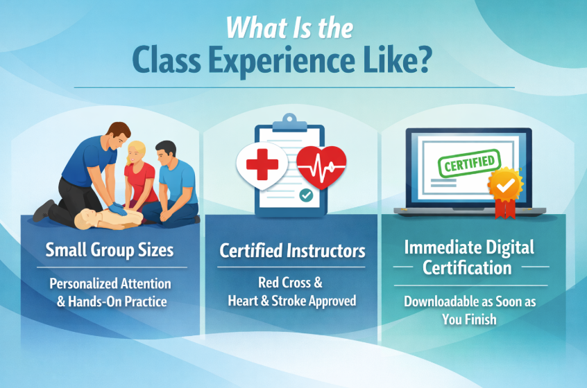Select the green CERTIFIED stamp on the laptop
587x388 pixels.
click(470, 164)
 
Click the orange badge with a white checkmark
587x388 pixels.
click(505, 185)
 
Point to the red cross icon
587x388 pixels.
click(262, 164)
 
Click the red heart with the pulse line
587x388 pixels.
click(321, 166)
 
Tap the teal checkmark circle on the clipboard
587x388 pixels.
click(306, 195)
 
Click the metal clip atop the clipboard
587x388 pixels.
click(289, 123)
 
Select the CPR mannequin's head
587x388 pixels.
click(86, 220)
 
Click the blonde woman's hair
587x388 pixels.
click(134, 150)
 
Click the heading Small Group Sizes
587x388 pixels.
click(110, 250)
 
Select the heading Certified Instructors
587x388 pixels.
click(292, 251)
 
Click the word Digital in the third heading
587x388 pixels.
click(510, 248)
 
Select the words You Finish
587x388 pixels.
click(469, 319)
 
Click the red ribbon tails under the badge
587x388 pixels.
click(505, 209)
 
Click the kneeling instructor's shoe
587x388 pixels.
click(43, 211)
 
